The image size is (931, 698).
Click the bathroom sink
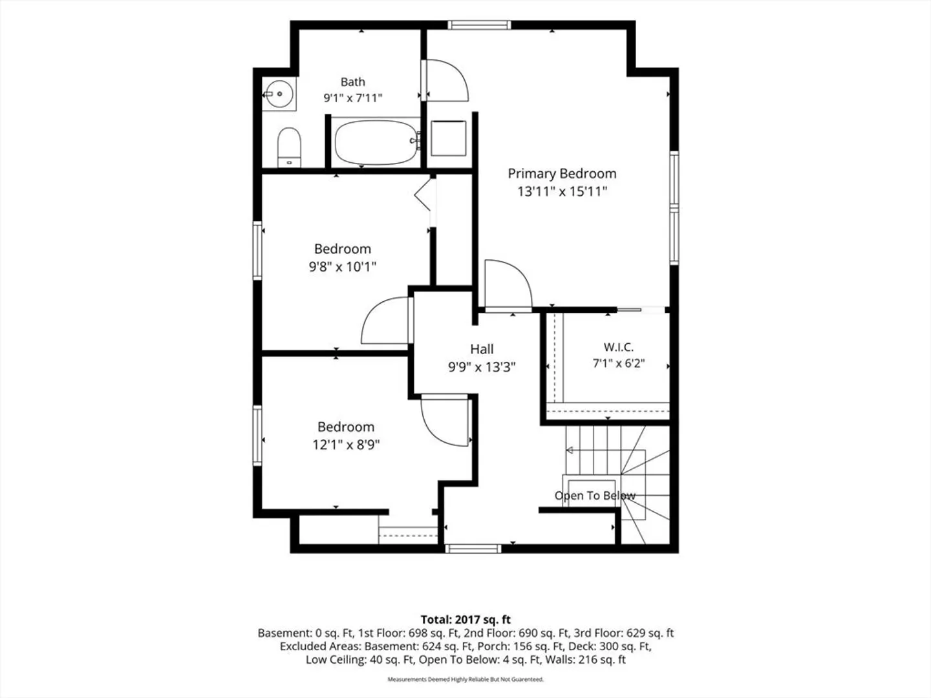279,94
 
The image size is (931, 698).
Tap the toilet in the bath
289,147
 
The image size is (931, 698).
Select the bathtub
376,142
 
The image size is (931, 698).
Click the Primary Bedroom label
562,173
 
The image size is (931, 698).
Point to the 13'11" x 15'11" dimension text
562,191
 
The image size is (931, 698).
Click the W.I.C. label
619,347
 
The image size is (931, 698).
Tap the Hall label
482,349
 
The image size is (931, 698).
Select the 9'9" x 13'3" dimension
482,366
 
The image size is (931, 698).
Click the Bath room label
352,81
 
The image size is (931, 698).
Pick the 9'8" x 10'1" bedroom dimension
342,266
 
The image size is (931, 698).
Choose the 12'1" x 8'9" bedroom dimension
346,445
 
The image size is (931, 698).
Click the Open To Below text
595,496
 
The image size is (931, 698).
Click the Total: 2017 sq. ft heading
465,620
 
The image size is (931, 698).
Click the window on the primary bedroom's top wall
479,25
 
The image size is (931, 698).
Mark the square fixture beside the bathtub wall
448,138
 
